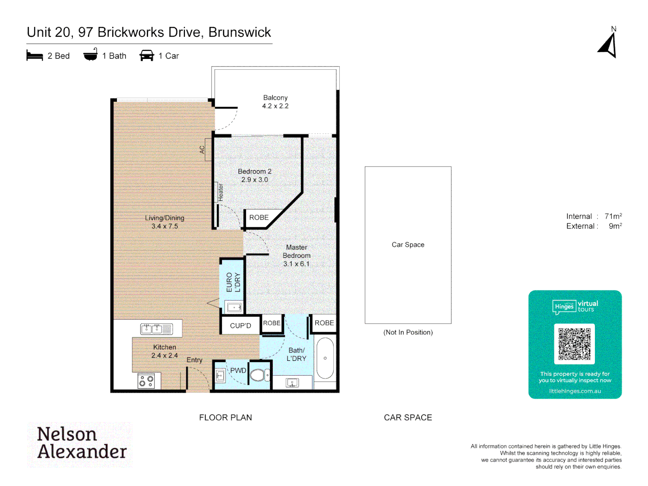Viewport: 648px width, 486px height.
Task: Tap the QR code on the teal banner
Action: coord(574,344)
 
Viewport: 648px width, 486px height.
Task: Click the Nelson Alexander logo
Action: coord(81,443)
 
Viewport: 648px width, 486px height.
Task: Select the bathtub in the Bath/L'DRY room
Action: coord(325,358)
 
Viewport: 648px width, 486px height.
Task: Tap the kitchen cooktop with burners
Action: coord(146,381)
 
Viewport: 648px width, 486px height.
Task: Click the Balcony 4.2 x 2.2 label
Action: coord(275,102)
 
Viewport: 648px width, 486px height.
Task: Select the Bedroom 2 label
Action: coord(255,175)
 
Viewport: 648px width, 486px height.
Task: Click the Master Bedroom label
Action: coord(297,255)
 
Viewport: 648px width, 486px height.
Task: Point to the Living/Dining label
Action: coord(165,222)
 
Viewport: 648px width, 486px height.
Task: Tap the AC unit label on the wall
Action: coord(202,149)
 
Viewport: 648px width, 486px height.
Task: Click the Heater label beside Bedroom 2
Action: coord(220,192)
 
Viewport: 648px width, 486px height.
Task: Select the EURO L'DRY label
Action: coord(233,282)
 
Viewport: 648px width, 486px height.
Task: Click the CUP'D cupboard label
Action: coord(240,325)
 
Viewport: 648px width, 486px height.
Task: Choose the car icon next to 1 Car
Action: coord(147,56)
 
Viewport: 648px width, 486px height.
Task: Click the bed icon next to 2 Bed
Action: coord(35,56)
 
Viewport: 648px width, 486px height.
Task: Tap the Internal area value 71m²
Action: coord(613,216)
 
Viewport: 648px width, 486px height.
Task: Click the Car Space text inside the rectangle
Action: coord(408,245)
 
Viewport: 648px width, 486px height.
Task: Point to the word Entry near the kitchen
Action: coord(194,360)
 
